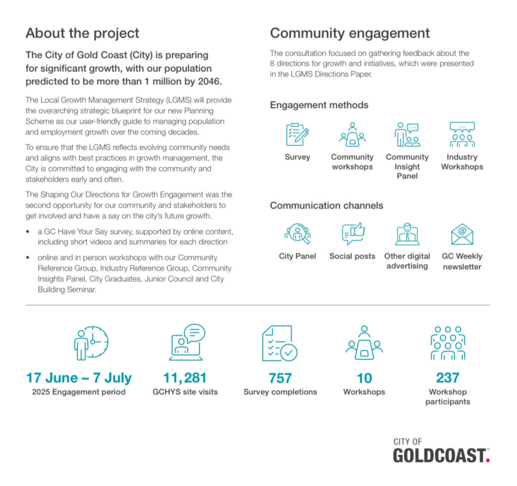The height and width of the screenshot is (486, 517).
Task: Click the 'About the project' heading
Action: tap(82, 34)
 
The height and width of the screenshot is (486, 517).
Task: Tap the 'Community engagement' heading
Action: tap(350, 34)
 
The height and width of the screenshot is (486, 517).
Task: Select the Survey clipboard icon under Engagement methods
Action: tap(297, 134)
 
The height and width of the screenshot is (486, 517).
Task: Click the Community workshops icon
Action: tap(352, 134)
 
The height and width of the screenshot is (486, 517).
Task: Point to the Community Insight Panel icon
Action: tap(407, 134)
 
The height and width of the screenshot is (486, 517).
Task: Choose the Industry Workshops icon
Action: tap(462, 134)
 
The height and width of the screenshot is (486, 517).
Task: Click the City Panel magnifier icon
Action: tap(297, 234)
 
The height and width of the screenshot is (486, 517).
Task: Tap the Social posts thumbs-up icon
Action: tap(353, 234)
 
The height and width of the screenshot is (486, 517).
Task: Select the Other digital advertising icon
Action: tap(407, 234)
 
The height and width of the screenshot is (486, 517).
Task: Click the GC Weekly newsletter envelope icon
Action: tap(462, 234)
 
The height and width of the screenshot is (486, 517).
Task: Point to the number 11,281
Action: tap(185, 378)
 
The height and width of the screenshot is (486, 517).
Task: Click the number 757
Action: tap(280, 378)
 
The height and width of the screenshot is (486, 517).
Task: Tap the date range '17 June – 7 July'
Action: tap(79, 378)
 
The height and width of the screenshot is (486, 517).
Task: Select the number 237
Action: tap(447, 378)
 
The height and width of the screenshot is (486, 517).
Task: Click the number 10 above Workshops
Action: tap(364, 378)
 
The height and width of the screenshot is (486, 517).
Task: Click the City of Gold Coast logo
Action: tap(441, 451)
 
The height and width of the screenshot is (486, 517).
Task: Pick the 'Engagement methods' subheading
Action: tap(319, 105)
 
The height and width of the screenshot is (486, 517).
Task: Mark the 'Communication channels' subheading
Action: tap(326, 206)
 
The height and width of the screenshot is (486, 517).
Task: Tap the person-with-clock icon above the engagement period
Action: tap(91, 342)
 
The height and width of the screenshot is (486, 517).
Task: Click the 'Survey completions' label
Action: tap(280, 392)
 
